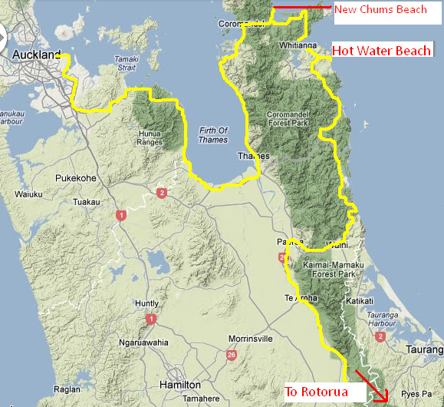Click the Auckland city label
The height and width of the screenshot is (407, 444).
36,56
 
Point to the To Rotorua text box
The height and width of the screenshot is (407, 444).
317,392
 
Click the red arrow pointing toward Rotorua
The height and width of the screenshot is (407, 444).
371,387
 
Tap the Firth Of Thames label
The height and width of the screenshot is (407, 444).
213,135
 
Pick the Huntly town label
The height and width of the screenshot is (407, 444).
146,303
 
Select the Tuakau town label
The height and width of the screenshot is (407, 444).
87,203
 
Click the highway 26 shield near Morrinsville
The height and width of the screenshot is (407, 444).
231,355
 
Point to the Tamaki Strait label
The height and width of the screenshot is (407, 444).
127,62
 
